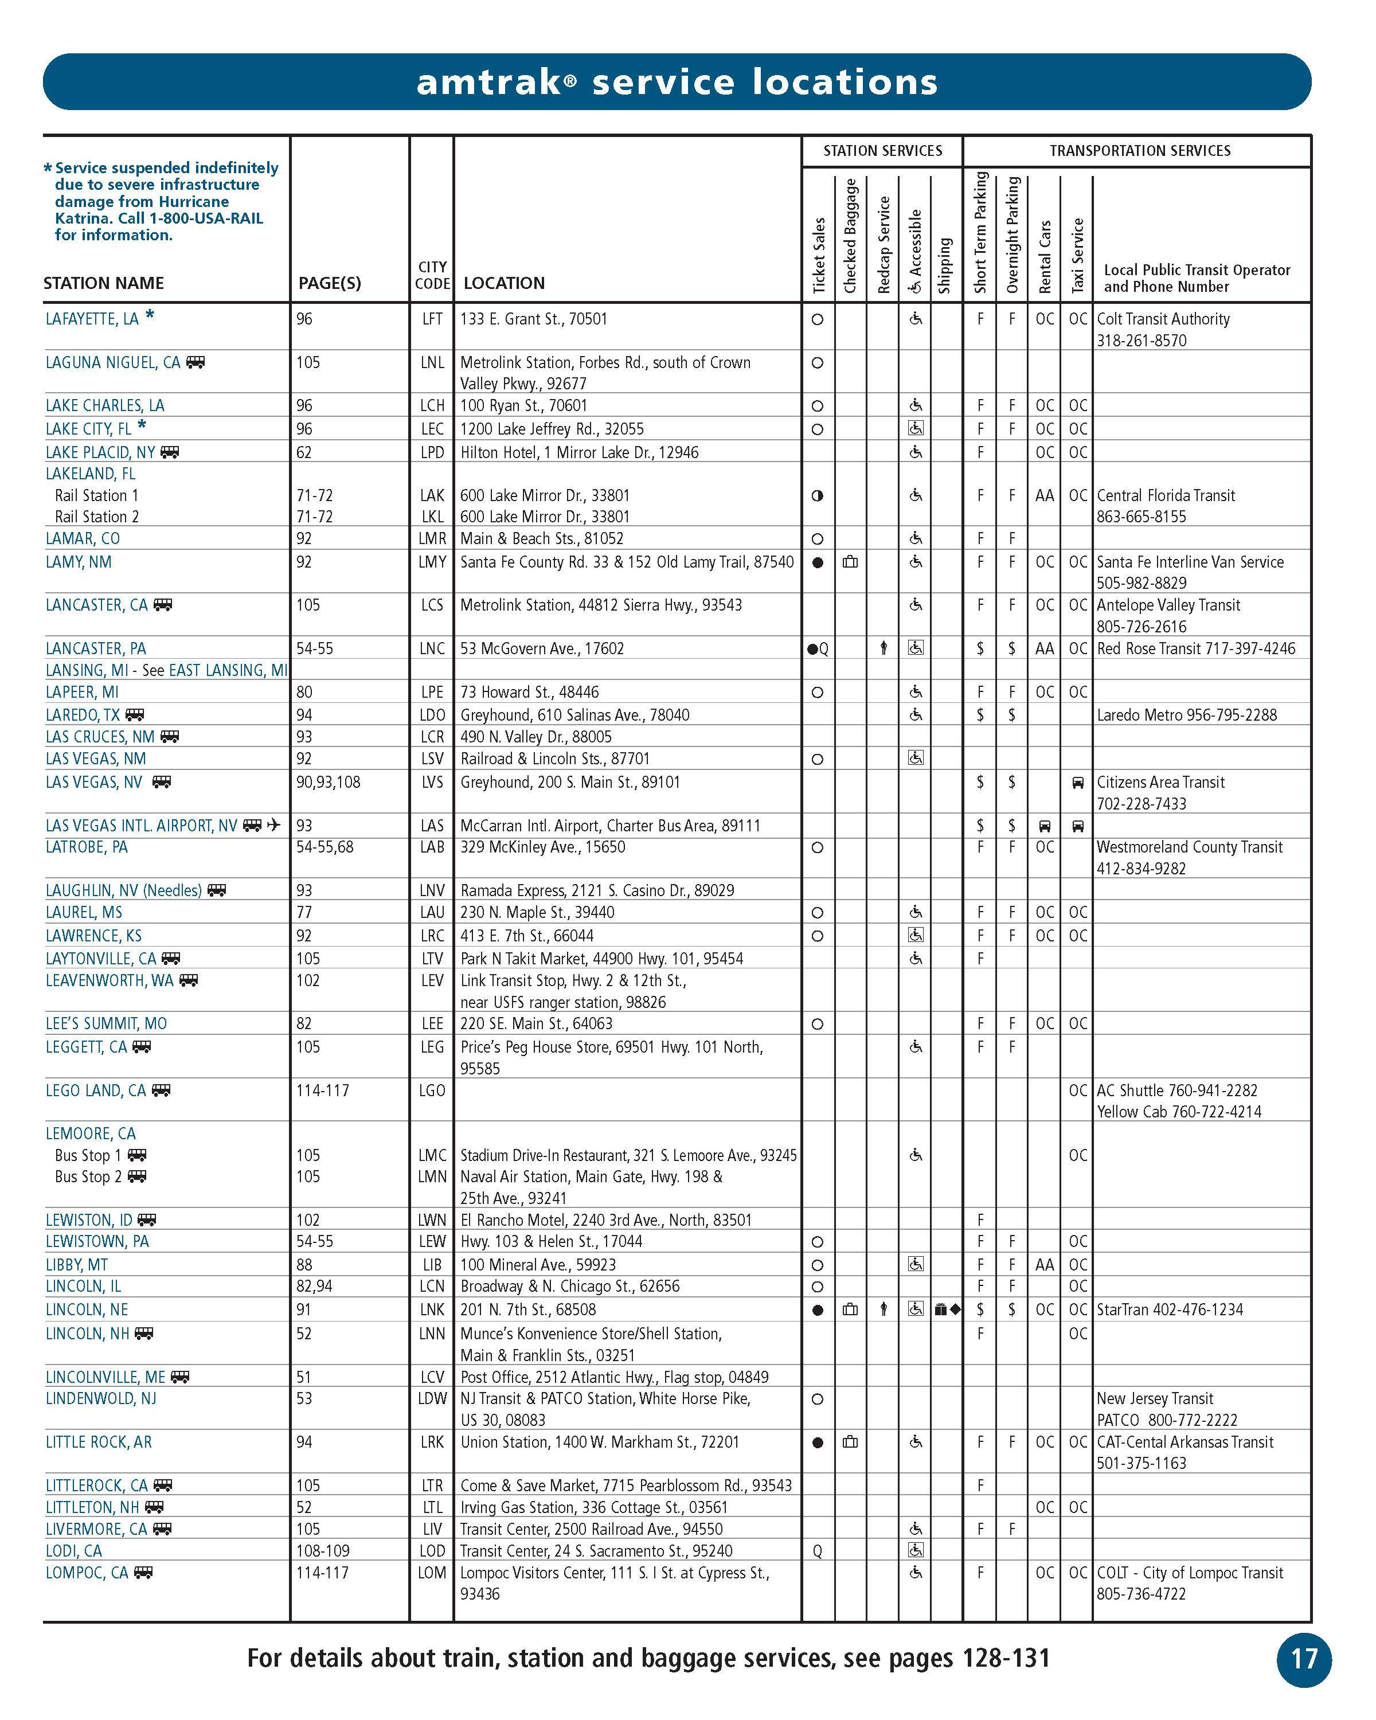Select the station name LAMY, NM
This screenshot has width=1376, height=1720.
(x=78, y=562)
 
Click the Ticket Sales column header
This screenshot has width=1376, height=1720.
(x=818, y=255)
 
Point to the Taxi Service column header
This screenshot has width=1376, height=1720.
(x=1077, y=255)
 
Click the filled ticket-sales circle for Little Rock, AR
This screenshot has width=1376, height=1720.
(x=817, y=1443)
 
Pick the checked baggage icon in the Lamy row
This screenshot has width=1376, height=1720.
(x=850, y=562)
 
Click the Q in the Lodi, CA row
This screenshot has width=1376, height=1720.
(x=817, y=1551)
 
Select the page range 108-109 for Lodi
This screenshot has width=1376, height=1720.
(x=322, y=1551)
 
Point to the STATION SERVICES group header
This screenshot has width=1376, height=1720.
(x=882, y=151)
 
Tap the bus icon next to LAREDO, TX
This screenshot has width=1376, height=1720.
(x=135, y=715)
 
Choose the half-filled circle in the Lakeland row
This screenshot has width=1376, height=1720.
(x=817, y=495)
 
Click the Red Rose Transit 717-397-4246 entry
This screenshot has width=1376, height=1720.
(x=1196, y=648)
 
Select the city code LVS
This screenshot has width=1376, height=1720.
(x=432, y=782)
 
